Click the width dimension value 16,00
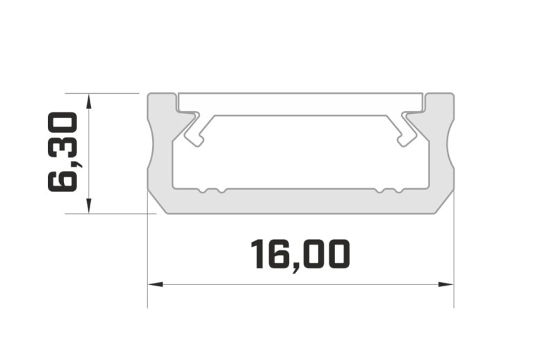tap(300, 254)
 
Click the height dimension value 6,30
tap(63, 152)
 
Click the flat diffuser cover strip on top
tap(300, 103)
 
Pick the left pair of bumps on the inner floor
tap(211, 190)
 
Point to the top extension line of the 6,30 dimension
tap(104, 92)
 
